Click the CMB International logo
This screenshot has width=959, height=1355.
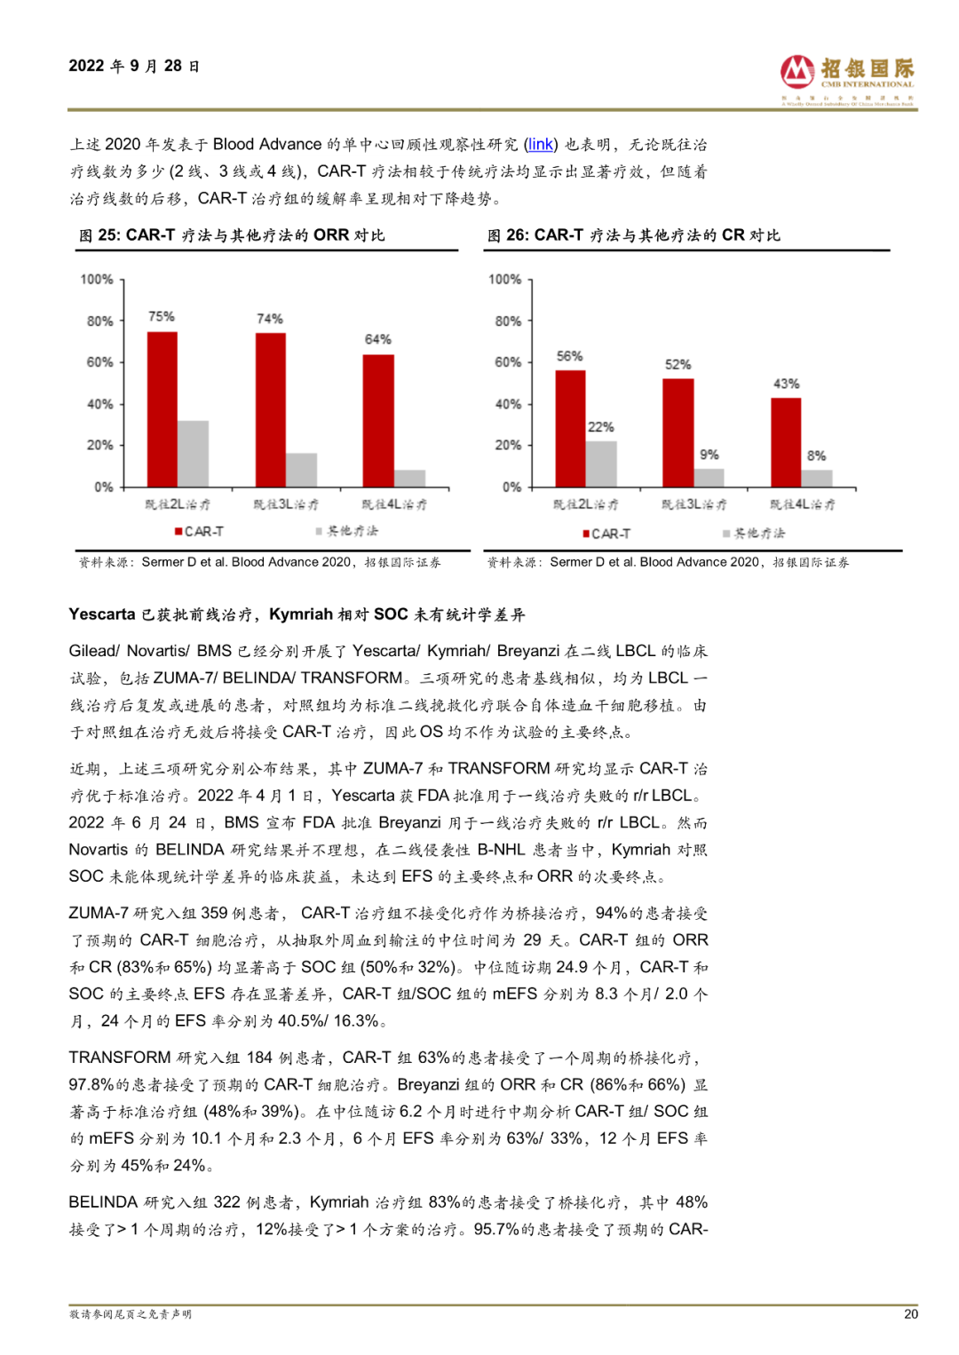847,79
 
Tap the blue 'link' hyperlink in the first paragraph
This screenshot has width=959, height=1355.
540,145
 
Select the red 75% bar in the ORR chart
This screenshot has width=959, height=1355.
162,408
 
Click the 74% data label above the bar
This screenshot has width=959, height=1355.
270,319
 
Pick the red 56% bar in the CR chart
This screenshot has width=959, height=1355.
570,427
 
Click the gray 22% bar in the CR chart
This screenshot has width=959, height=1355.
601,464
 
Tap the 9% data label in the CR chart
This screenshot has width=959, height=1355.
709,455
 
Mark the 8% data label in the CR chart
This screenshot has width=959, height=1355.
816,456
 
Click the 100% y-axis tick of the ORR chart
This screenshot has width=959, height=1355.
97,280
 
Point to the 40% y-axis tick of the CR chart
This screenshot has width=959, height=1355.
508,404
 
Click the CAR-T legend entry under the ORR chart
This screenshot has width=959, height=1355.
199,531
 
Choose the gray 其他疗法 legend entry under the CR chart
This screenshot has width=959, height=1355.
754,533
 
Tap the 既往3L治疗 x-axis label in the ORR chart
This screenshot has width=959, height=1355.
286,504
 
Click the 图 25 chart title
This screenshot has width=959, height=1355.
232,235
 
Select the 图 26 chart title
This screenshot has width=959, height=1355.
633,235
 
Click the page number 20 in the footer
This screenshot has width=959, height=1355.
910,1314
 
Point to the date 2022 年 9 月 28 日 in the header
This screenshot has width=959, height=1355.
134,67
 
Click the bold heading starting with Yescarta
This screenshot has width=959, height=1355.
297,614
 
